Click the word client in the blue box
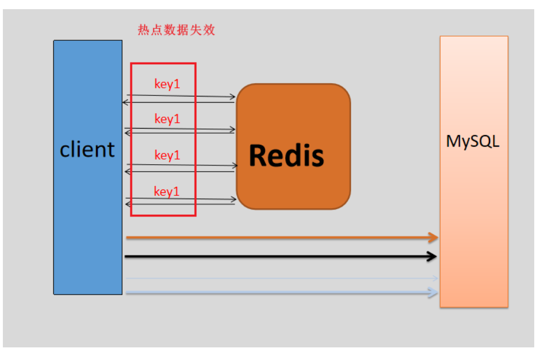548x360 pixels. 87,149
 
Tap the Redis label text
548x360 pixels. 286,156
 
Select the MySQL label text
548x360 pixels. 473,142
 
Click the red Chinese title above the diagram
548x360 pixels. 176,30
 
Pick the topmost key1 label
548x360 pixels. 167,84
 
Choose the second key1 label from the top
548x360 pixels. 167,119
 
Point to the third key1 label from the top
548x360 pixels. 167,155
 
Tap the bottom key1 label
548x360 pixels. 166,191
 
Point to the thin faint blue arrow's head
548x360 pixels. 436,278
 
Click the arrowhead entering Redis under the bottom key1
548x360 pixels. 234,199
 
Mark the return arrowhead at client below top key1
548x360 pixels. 125,102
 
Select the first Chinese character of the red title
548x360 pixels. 143,30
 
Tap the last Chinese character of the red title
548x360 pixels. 209,30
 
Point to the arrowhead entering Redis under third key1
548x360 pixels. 235,165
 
